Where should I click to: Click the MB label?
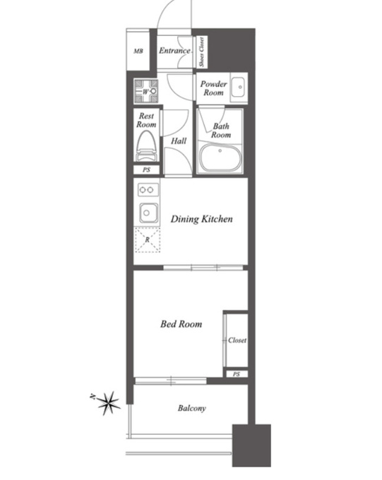(138, 51)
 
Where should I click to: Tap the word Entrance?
(174, 51)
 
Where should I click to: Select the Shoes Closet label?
(201, 52)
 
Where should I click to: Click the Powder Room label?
(213, 88)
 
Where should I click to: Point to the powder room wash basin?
(238, 87)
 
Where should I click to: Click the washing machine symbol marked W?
(146, 91)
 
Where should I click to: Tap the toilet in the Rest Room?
(146, 145)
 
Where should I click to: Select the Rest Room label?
(146, 120)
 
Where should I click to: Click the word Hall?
(179, 140)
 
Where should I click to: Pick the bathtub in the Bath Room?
(220, 158)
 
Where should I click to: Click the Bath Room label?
(221, 131)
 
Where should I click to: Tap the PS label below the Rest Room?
(146, 169)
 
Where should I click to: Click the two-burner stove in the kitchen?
(148, 190)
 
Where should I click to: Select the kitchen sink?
(149, 212)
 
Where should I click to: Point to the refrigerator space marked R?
(148, 240)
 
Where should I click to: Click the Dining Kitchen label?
(201, 219)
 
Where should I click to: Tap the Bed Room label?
(181, 324)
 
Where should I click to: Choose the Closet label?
(237, 340)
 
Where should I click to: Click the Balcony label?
(192, 408)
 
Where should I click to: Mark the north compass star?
(109, 403)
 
